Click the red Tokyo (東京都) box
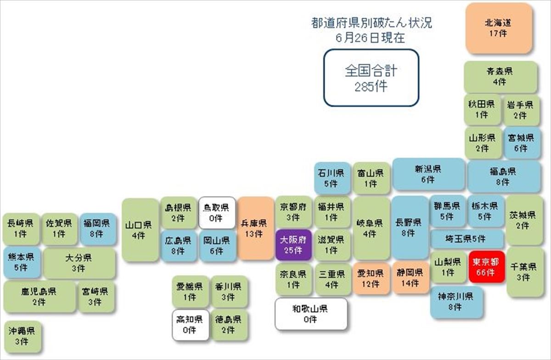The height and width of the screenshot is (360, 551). pyautogui.click(x=487, y=266)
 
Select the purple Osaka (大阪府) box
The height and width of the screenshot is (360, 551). pyautogui.click(x=293, y=245)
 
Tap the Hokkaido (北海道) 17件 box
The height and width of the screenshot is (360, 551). pyautogui.click(x=499, y=28)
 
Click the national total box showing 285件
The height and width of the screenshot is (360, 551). pyautogui.click(x=371, y=78)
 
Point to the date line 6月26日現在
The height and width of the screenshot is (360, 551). pyautogui.click(x=371, y=38)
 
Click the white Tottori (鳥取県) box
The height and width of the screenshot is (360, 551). pyautogui.click(x=217, y=213)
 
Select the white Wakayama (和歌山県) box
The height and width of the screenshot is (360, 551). pyautogui.click(x=311, y=314)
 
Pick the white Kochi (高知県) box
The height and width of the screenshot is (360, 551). pyautogui.click(x=191, y=325)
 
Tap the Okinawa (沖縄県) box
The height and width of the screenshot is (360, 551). pyautogui.click(x=22, y=337)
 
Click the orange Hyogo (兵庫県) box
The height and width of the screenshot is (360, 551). pyautogui.click(x=256, y=228)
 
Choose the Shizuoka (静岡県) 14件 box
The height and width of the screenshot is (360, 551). pyautogui.click(x=410, y=278)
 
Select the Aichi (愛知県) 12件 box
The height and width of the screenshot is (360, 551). pyautogui.click(x=371, y=279)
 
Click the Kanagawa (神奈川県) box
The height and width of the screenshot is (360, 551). pyautogui.click(x=456, y=302)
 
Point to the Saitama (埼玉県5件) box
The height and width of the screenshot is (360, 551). pyautogui.click(x=467, y=239)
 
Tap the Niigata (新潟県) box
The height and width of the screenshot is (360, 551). pyautogui.click(x=428, y=174)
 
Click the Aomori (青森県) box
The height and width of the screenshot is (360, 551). pyautogui.click(x=500, y=77)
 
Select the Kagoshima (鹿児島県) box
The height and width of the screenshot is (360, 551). pyautogui.click(x=39, y=297)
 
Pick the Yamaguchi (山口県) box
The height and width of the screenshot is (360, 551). pyautogui.click(x=140, y=230)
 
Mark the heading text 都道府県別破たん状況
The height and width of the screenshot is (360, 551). pyautogui.click(x=371, y=23)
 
